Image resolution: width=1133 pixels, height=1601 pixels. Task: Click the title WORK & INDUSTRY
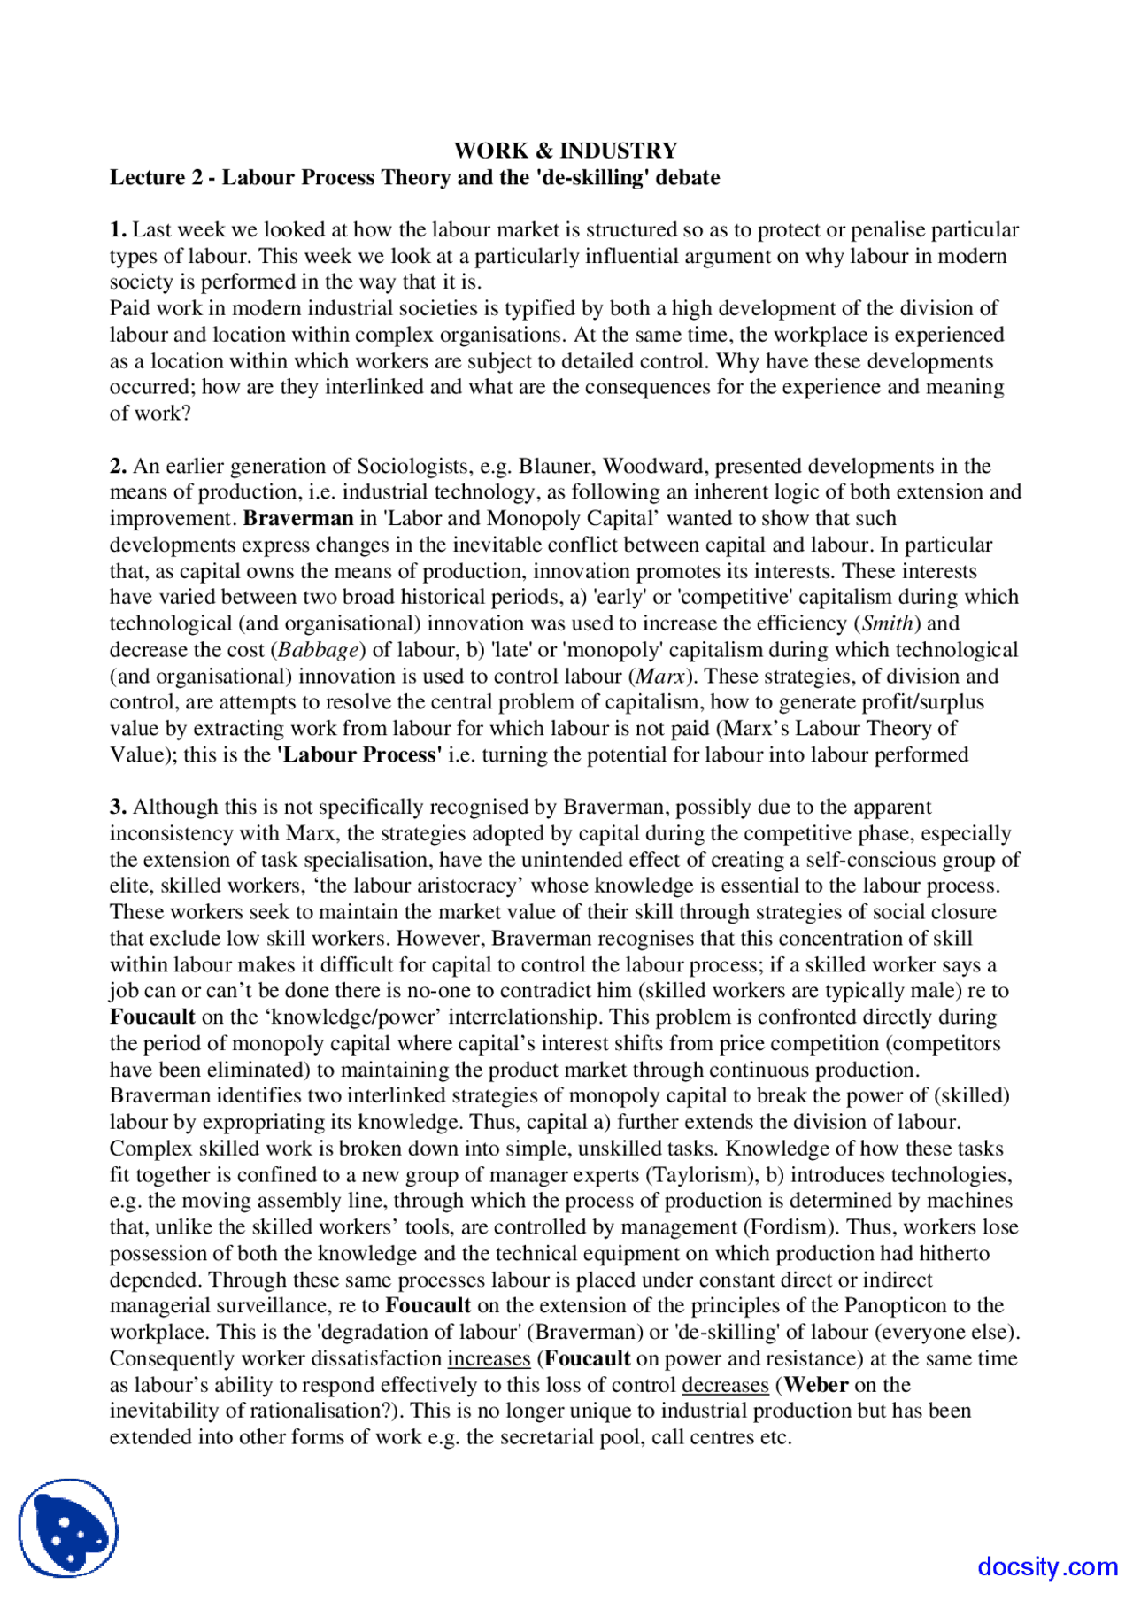(566, 151)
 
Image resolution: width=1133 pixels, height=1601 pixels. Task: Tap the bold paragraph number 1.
(118, 229)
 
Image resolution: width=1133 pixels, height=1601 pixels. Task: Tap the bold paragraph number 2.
(118, 466)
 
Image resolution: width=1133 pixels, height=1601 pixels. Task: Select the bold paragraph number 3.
(118, 807)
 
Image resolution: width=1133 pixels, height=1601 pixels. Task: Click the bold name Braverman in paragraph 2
(298, 519)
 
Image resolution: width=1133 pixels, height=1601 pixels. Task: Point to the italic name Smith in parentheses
(888, 623)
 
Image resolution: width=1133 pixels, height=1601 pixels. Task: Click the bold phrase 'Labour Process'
(359, 755)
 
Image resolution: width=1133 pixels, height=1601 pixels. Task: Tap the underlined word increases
(489, 1358)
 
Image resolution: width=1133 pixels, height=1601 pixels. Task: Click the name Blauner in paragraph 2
(555, 466)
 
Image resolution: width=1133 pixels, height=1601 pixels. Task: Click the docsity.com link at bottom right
(1047, 1566)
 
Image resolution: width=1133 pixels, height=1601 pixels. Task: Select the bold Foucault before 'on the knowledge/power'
(151, 1017)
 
